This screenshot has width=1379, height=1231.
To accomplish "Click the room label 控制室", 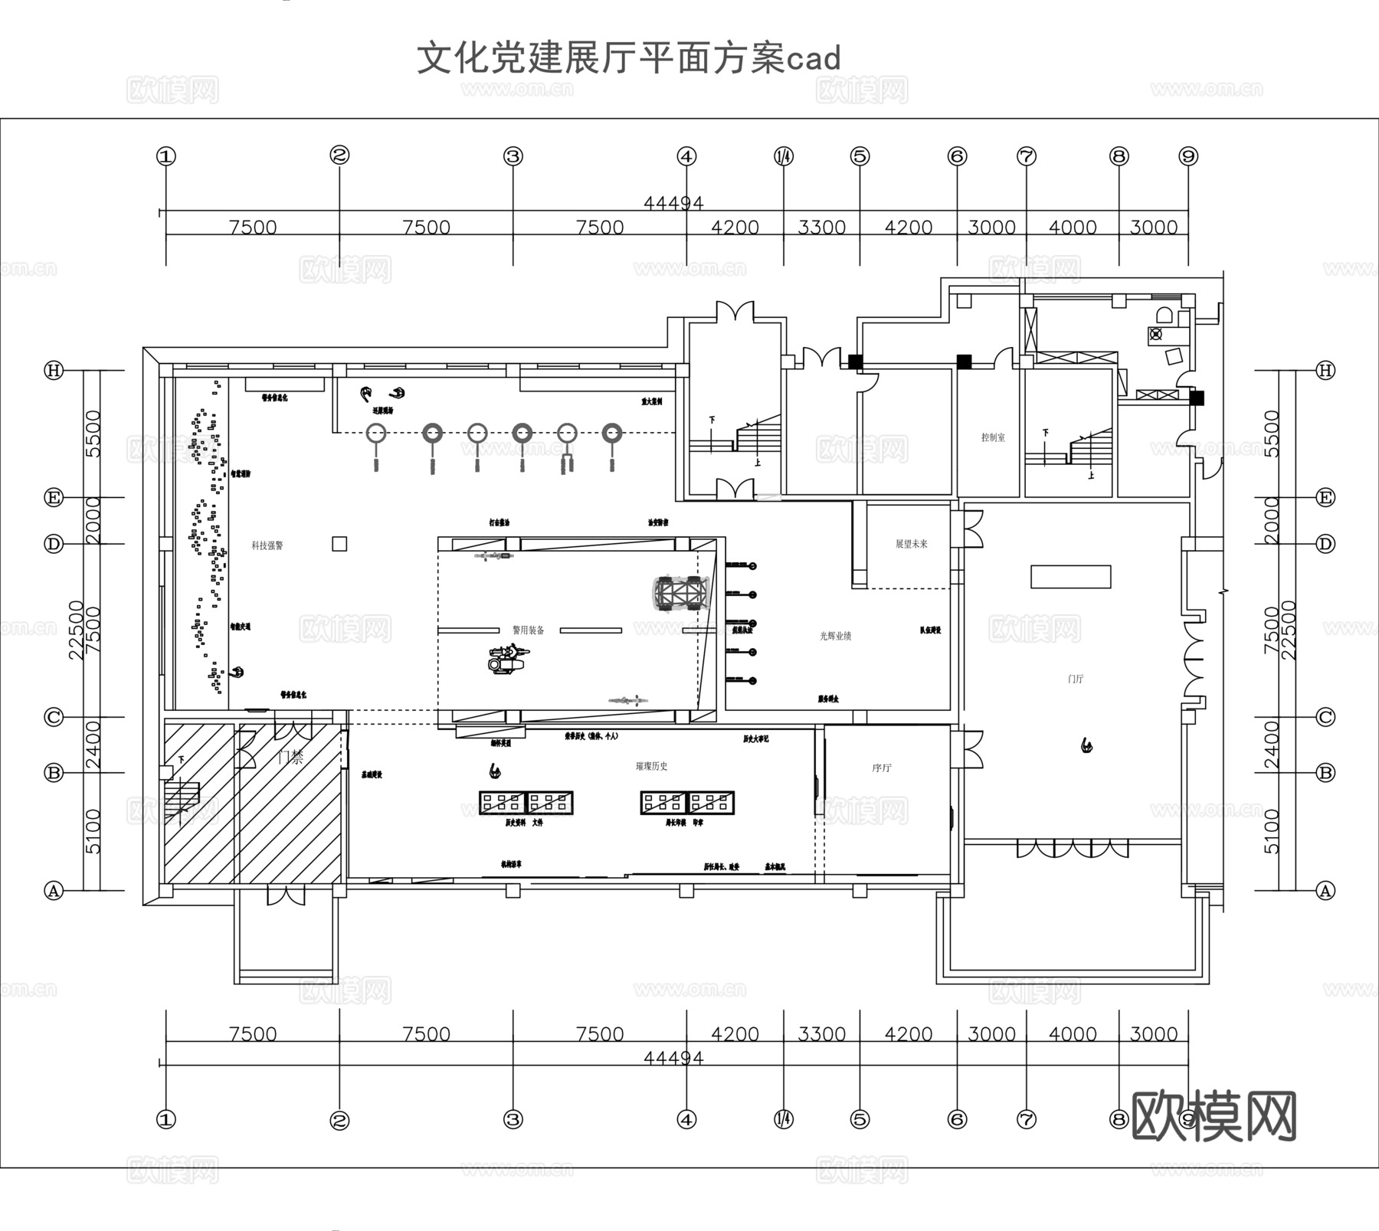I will coord(993,437).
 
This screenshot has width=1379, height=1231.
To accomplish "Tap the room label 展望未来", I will coord(911,544).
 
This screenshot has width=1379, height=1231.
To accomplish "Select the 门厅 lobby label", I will coord(1076,679).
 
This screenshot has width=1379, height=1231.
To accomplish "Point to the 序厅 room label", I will coord(882,768).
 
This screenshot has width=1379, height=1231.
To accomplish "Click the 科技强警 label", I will coord(267,545).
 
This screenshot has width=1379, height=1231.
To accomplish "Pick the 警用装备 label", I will coord(528,630).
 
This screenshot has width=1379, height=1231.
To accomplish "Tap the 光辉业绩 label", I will coord(835,635).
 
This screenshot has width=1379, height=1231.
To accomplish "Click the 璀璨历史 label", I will coord(651,766).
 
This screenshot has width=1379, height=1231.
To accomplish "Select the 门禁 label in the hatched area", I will coord(290,757).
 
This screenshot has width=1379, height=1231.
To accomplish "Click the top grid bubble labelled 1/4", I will coord(784,156).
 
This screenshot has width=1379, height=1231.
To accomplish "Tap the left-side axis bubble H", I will coord(54,371).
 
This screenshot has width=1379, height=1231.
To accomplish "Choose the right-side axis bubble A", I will coord(1325,891).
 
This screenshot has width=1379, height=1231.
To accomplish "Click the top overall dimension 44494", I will coord(673,203).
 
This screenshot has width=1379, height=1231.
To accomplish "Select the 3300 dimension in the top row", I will coord(821,228).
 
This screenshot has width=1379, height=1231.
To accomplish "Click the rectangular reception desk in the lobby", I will coord(1070,576).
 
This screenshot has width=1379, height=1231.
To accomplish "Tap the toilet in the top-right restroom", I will coord(1164,315).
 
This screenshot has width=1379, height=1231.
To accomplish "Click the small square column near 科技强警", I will coord(339,544).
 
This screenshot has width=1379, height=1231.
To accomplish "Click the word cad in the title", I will coord(814,59).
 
